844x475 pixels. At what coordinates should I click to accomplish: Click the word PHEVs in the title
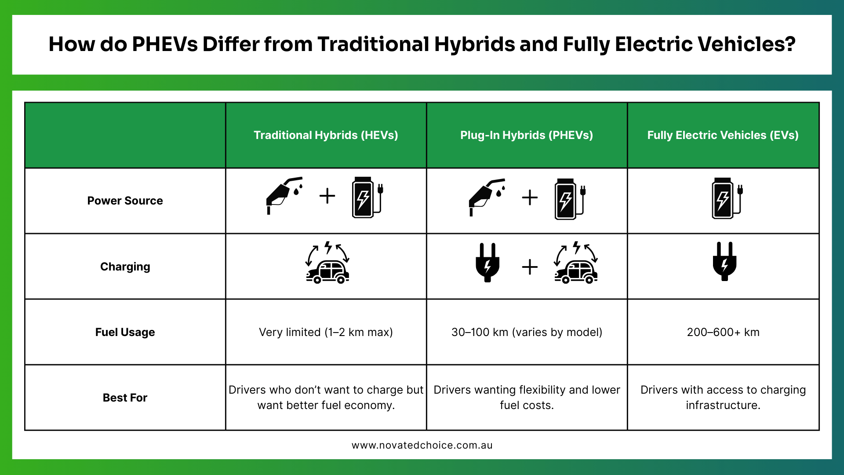click(x=165, y=44)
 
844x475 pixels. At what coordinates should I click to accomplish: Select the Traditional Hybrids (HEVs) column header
click(x=326, y=135)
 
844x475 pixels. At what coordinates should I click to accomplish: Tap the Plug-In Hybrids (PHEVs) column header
click(x=527, y=135)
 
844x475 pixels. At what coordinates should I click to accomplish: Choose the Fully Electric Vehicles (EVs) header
click(x=723, y=135)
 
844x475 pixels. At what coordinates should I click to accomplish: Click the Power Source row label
click(x=125, y=201)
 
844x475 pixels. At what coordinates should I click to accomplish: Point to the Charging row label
click(x=125, y=267)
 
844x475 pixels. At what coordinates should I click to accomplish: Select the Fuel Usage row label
click(x=125, y=332)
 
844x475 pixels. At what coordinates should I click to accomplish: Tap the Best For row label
click(x=125, y=398)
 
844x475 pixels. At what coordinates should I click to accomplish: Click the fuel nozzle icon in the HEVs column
click(x=284, y=196)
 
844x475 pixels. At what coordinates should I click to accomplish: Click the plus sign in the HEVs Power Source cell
click(x=327, y=196)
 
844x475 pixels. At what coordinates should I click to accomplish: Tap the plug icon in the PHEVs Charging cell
click(x=487, y=262)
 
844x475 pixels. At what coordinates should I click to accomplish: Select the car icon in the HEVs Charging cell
click(x=327, y=262)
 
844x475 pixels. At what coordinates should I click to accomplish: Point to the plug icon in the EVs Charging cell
click(x=724, y=261)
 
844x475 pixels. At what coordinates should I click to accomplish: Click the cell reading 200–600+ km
click(x=723, y=332)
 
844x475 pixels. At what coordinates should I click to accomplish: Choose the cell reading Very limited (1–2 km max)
click(x=326, y=332)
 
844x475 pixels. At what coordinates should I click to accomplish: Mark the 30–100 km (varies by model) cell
click(x=527, y=332)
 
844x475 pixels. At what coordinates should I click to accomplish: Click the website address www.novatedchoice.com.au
click(x=422, y=445)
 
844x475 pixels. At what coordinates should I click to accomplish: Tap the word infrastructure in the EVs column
click(x=723, y=405)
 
